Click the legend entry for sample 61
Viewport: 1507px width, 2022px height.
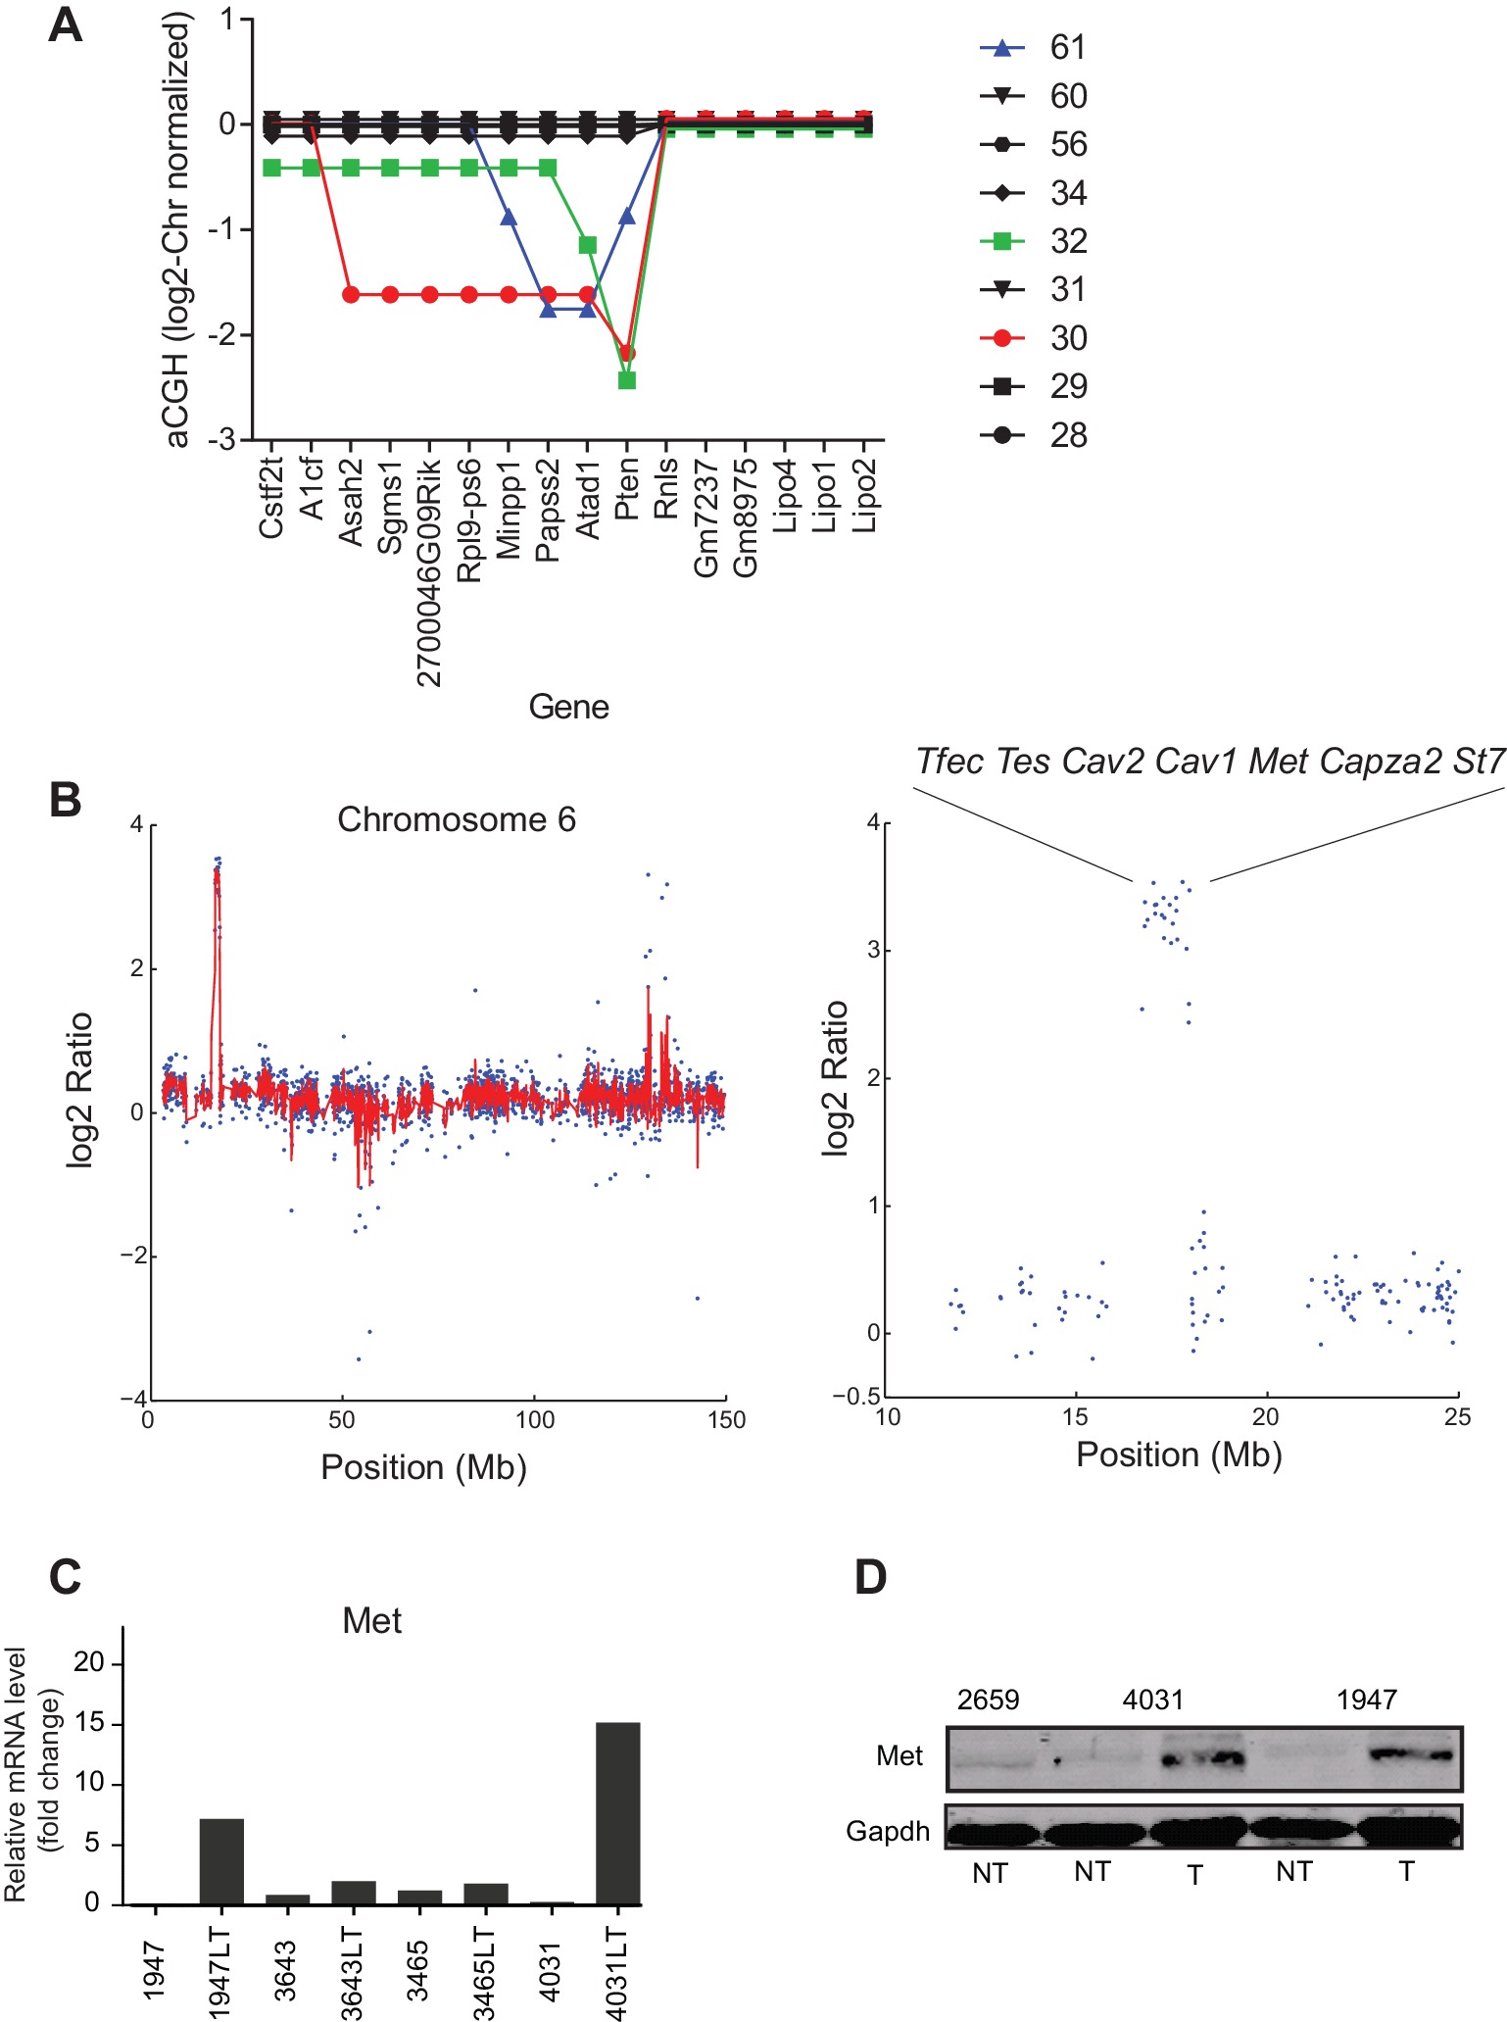coord(1034,47)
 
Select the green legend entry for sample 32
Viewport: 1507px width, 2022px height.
coord(1034,241)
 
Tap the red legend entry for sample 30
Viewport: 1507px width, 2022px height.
coord(1034,338)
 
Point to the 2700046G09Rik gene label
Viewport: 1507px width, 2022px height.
coord(429,572)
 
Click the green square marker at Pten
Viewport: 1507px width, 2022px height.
coord(627,379)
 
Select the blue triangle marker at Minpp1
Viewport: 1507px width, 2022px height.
coord(509,217)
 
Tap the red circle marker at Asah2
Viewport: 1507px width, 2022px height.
coord(351,294)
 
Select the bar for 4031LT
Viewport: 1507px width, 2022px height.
coord(618,1813)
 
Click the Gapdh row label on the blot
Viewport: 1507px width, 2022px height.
coord(888,1831)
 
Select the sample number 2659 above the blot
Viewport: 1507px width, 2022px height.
coord(988,1699)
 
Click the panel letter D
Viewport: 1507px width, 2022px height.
coord(870,1577)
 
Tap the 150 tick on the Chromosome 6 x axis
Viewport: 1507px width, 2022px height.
coord(726,1419)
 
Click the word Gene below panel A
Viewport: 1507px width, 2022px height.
coord(568,707)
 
